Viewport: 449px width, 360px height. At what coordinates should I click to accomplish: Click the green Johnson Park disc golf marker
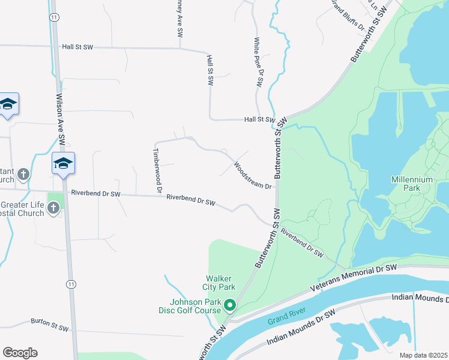pos(229,307)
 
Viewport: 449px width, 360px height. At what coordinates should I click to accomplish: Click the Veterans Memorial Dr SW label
pos(354,278)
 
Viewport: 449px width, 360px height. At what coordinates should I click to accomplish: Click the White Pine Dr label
pos(259,63)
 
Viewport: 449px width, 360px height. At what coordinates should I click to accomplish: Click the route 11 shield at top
pos(55,18)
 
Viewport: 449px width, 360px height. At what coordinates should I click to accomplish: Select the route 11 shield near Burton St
pos(71,284)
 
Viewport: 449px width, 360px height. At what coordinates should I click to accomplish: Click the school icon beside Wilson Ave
pos(64,163)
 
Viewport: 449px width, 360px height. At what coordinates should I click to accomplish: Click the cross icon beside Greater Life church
pos(53,208)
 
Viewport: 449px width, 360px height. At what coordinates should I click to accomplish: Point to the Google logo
pos(20,353)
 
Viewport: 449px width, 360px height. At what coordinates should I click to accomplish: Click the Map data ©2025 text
pos(424,355)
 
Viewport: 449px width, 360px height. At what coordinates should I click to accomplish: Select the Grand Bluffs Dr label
pos(348,15)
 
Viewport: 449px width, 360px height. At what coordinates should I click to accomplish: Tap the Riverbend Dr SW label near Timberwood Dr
pos(191,200)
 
